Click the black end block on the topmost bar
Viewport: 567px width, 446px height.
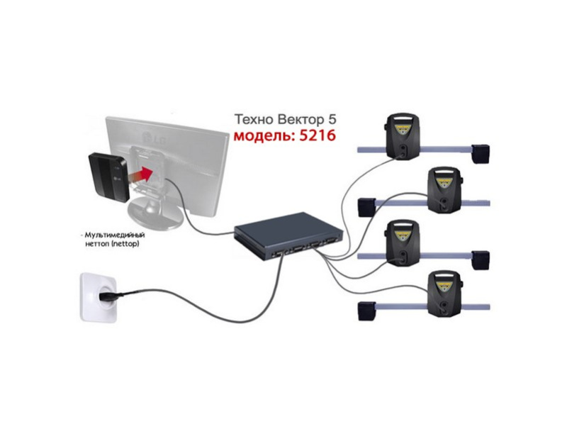(481, 151)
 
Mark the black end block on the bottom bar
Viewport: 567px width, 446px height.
(366, 310)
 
